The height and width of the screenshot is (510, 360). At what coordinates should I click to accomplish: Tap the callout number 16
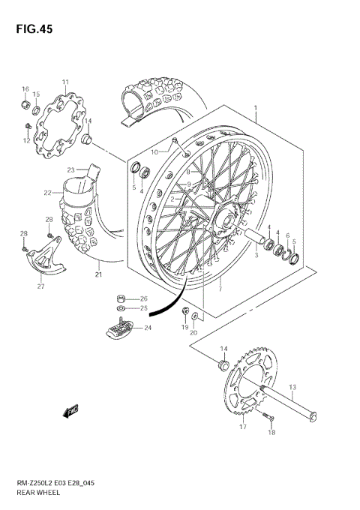pos(25,89)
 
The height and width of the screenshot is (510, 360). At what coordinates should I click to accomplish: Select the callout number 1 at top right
pos(256,108)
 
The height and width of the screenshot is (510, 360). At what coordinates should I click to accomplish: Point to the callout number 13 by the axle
pos(292,387)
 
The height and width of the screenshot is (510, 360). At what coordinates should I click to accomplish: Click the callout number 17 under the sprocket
pos(242,427)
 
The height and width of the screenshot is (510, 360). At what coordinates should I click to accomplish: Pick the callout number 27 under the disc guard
pos(40,286)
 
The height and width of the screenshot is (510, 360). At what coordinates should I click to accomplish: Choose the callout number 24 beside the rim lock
pos(148,327)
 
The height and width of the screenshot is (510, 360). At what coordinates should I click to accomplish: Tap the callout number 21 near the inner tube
pos(98,274)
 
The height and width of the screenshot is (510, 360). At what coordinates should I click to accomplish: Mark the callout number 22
pos(47,193)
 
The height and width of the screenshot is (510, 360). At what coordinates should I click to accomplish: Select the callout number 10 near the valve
pos(154,152)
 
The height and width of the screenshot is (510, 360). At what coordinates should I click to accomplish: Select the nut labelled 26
pos(121,298)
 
